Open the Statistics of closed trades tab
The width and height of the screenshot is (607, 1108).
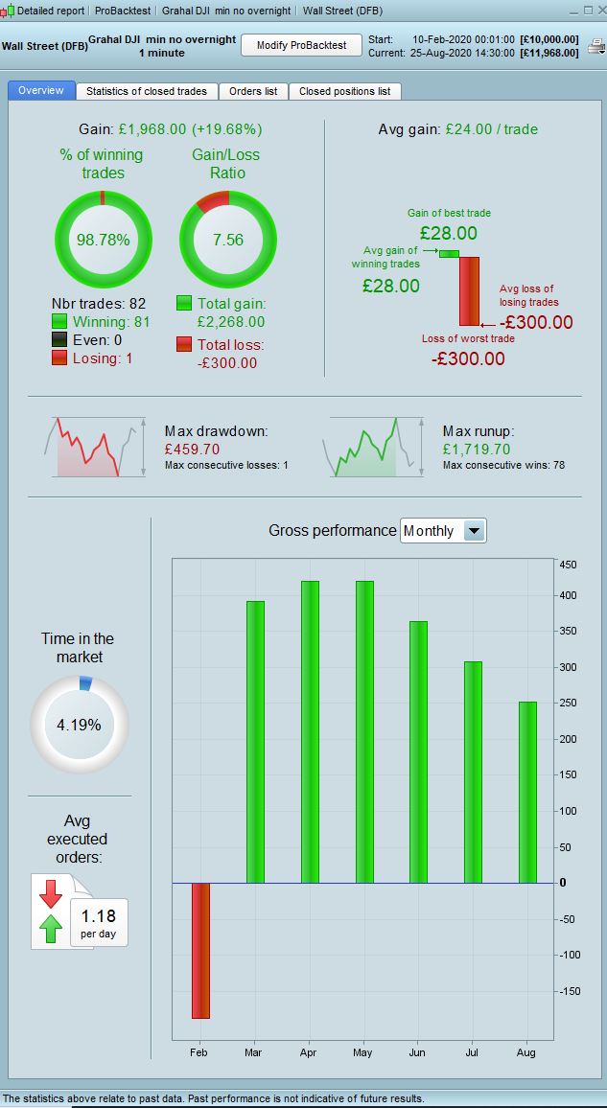(147, 91)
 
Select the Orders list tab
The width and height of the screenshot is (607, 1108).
(253, 91)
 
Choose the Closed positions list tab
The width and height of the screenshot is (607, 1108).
(344, 91)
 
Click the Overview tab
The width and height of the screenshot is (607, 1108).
(41, 90)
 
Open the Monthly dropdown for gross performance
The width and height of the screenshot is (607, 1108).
(474, 530)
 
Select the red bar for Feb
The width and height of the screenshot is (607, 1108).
(200, 950)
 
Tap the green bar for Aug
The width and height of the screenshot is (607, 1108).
(527, 792)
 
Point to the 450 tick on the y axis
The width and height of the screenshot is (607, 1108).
(568, 566)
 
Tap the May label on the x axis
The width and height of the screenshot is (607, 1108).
(362, 1052)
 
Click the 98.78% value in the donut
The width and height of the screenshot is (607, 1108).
(104, 241)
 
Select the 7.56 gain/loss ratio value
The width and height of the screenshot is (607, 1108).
(228, 241)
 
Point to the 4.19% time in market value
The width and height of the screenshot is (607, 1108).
(79, 725)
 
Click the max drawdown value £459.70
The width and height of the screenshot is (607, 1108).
(192, 449)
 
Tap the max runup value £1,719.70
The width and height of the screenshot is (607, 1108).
(477, 449)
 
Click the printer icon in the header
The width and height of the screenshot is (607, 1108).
(595, 46)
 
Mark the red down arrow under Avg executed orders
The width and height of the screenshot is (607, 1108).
(51, 892)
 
